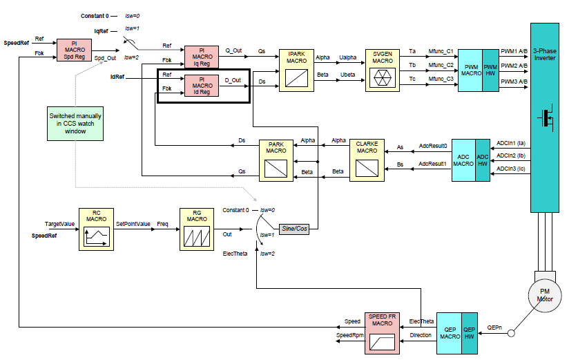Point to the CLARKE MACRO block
367,160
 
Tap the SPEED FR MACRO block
382,332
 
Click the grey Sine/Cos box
293,228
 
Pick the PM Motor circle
545,296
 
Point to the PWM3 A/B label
514,82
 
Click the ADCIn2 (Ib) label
511,155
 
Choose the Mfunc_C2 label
440,66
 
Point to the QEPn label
494,328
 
